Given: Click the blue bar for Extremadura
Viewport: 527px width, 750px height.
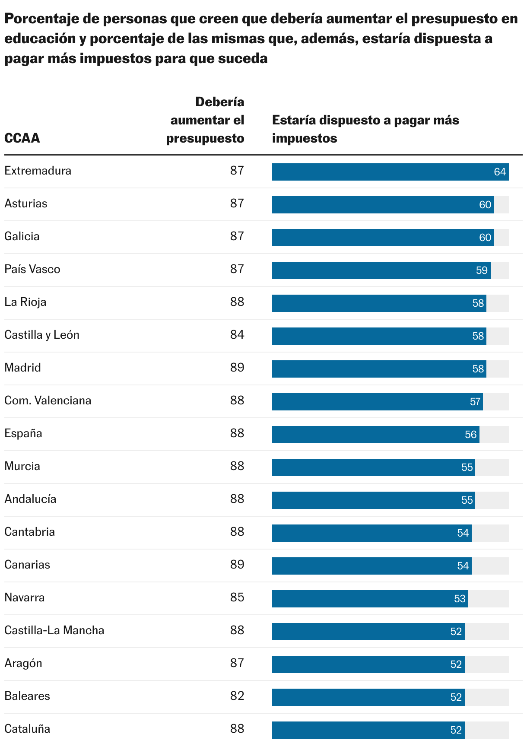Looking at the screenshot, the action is pos(390,172).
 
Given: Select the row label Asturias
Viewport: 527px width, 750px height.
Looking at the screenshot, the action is pos(26,203).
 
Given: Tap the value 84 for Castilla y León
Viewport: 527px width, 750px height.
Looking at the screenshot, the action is pos(237,335).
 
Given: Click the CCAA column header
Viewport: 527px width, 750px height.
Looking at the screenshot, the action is pos(22,138).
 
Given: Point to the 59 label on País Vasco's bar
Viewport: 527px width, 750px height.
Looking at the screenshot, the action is pos(482,270).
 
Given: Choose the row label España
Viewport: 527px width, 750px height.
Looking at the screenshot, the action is pos(23,433).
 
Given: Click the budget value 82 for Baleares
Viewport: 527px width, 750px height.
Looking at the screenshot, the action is pos(237,696).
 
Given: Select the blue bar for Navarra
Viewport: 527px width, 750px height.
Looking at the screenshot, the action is pos(370,599).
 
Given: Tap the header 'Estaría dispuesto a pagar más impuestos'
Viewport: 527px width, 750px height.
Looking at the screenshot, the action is pos(365,129).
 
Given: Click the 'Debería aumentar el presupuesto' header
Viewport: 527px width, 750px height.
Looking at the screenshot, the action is pos(206,120).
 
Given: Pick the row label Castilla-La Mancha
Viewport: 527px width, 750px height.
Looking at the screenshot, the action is pos(54,630).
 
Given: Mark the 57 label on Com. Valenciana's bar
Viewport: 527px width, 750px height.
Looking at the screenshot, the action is pos(475,402).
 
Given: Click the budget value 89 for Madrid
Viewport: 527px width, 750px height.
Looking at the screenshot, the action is pos(237,368).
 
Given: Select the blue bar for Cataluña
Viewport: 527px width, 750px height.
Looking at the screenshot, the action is pos(368,730).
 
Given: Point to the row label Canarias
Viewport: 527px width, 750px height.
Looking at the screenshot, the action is pos(27,565).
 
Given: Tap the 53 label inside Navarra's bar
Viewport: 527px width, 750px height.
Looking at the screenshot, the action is pos(460,599).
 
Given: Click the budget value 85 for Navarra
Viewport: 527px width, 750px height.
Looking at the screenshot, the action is pos(237,597).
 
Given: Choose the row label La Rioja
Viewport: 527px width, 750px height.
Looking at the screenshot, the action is pos(25,302).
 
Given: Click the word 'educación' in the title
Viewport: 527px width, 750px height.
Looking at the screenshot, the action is pos(40,39).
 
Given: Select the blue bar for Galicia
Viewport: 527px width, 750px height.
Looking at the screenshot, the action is pos(383,238).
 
